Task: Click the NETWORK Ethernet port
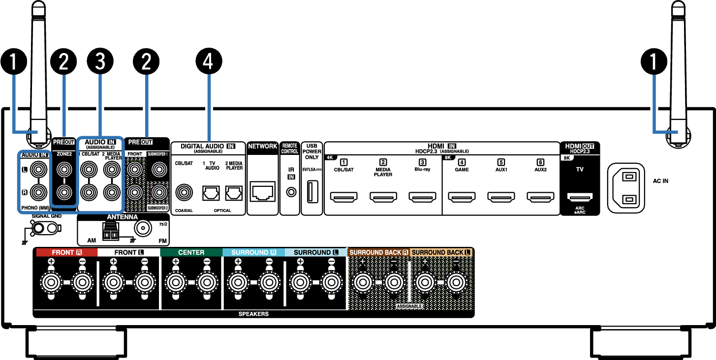[263, 191]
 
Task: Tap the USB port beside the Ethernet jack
[312, 191]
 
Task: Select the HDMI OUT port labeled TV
[580, 197]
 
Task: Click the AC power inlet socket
[626, 188]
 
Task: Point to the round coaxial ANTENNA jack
[143, 228]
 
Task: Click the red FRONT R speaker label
[67, 252]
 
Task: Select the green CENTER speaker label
[191, 252]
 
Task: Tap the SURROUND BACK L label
[441, 252]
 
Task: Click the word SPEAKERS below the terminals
[253, 314]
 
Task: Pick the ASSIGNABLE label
[409, 306]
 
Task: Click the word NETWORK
[262, 146]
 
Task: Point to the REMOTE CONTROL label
[289, 149]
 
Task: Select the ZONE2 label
[64, 154]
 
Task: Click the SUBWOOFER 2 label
[157, 208]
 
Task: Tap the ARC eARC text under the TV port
[579, 210]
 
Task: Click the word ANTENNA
[122, 217]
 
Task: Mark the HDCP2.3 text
[580, 152]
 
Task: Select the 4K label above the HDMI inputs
[330, 158]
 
